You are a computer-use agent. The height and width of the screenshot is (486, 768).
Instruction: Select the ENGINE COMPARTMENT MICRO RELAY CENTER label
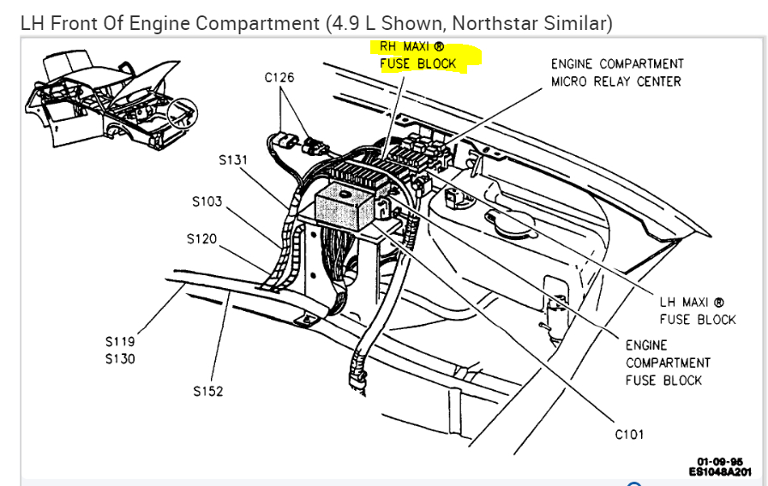[x=616, y=73]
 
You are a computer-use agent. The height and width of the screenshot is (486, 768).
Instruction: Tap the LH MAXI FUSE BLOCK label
[x=697, y=310]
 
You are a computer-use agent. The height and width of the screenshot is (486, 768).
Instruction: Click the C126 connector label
[x=279, y=77]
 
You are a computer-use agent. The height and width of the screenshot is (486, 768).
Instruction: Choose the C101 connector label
[x=629, y=435]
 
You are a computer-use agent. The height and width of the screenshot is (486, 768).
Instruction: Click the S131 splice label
[x=233, y=159]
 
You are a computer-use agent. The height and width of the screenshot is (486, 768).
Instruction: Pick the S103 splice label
[x=207, y=201]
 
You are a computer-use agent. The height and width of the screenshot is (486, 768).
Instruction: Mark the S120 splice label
[x=201, y=238]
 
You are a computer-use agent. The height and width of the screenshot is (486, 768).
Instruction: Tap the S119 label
[x=120, y=341]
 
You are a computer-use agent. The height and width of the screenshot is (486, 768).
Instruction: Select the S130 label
[x=120, y=358]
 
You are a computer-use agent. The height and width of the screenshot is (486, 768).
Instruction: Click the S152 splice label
[x=208, y=392]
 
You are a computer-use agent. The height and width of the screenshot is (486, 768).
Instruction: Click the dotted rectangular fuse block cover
[x=350, y=208]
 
